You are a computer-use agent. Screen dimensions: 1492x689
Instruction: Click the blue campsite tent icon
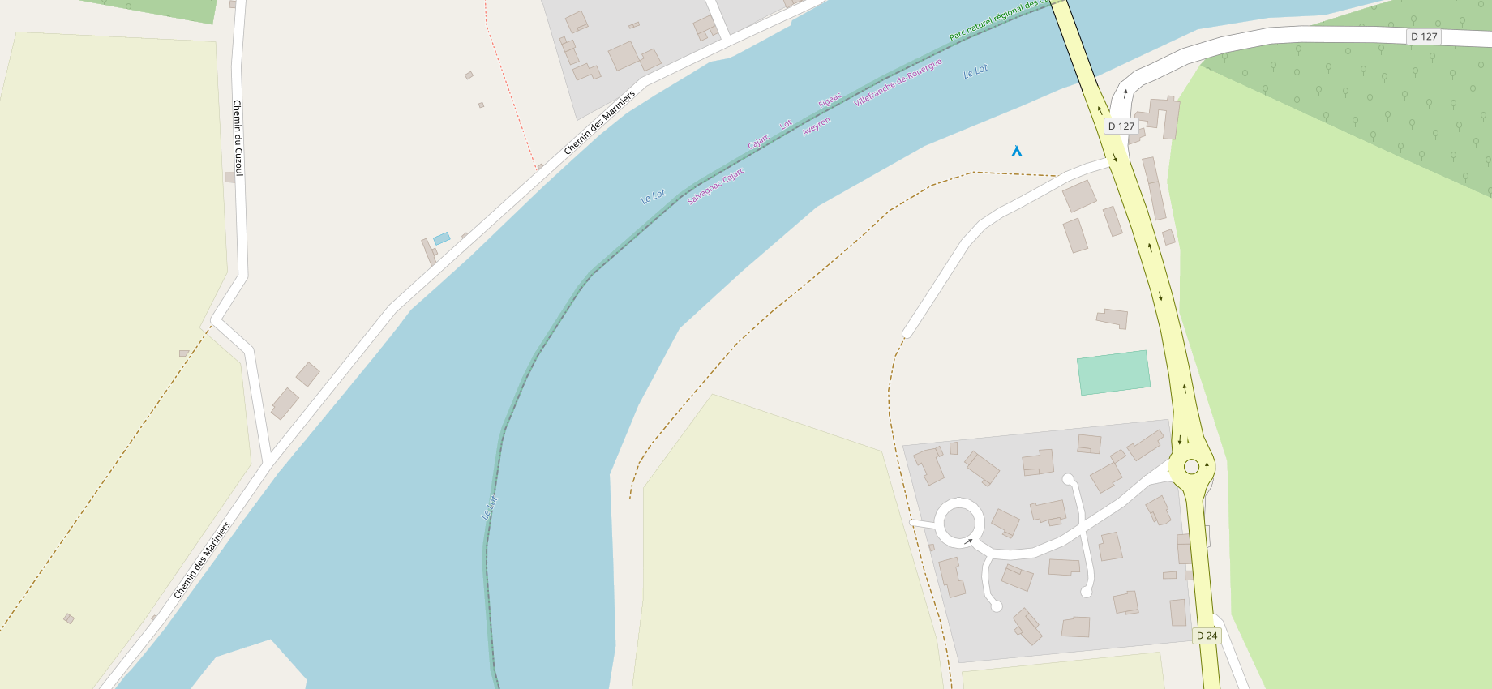point(1016,151)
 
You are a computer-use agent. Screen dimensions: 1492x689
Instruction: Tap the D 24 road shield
point(1207,636)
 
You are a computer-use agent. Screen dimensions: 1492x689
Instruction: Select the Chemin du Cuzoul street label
point(238,138)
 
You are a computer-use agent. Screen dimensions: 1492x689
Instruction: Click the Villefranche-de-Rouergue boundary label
point(898,83)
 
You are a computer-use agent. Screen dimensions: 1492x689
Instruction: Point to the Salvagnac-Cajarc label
point(715,186)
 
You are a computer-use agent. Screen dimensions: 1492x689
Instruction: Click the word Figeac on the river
point(830,101)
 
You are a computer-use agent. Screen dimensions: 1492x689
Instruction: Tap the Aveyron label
point(816,126)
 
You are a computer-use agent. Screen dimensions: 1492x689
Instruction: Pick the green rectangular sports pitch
point(1113,373)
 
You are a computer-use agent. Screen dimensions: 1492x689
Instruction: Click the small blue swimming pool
point(441,238)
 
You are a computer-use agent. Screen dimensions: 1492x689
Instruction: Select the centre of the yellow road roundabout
point(1191,466)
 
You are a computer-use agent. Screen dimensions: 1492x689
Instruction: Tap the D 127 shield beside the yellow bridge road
point(1121,126)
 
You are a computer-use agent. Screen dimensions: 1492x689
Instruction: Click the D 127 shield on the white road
point(1423,36)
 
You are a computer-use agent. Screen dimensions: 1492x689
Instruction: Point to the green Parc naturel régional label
point(993,21)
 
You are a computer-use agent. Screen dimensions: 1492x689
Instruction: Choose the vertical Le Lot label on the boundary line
point(489,507)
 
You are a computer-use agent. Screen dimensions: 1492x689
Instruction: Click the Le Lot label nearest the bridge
point(975,71)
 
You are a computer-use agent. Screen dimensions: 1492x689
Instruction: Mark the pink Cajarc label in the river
point(758,141)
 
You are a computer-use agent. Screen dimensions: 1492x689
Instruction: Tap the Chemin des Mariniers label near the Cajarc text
point(599,123)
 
